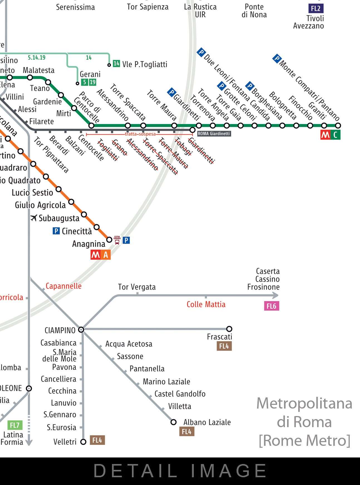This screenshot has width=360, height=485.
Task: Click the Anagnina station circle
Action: [109, 239]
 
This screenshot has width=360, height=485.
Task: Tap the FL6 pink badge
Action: [271, 306]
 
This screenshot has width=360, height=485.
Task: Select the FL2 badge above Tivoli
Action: [315, 8]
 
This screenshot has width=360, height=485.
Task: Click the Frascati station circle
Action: [229, 329]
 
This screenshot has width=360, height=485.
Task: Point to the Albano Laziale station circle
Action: [174, 422]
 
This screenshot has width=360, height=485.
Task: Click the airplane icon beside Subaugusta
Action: [34, 218]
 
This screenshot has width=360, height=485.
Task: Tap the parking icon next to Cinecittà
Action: [56, 231]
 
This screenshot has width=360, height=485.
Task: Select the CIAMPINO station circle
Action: [81, 330]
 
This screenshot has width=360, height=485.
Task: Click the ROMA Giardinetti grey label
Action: [214, 134]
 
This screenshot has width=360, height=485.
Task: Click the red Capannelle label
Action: [63, 286]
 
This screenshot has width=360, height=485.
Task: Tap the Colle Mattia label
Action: [206, 304]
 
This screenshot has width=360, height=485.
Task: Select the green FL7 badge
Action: [14, 425]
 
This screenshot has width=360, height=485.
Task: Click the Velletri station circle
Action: [83, 442]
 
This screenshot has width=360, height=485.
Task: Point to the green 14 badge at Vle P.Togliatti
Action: [116, 64]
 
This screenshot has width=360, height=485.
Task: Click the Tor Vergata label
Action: [137, 287]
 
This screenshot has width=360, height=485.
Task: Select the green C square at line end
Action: [335, 135]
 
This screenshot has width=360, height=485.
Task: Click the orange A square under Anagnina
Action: [106, 255]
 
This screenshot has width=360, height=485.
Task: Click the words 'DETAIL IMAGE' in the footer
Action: [180, 471]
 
